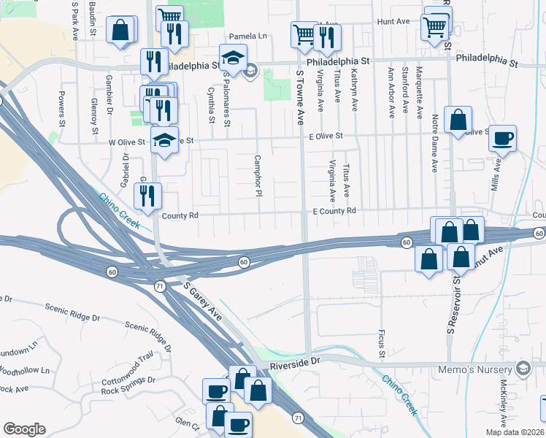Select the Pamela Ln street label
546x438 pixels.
click(x=249, y=36)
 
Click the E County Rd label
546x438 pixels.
click(x=334, y=211)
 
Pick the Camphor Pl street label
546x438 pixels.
click(x=258, y=175)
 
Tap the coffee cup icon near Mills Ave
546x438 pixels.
click(x=501, y=138)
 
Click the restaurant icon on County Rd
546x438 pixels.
click(x=148, y=196)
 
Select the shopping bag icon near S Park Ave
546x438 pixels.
click(x=120, y=31)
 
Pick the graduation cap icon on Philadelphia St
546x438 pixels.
click(x=234, y=57)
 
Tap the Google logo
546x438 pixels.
click(x=24, y=429)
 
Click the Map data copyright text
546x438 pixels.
click(x=515, y=432)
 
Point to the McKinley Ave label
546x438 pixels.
click(x=503, y=401)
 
